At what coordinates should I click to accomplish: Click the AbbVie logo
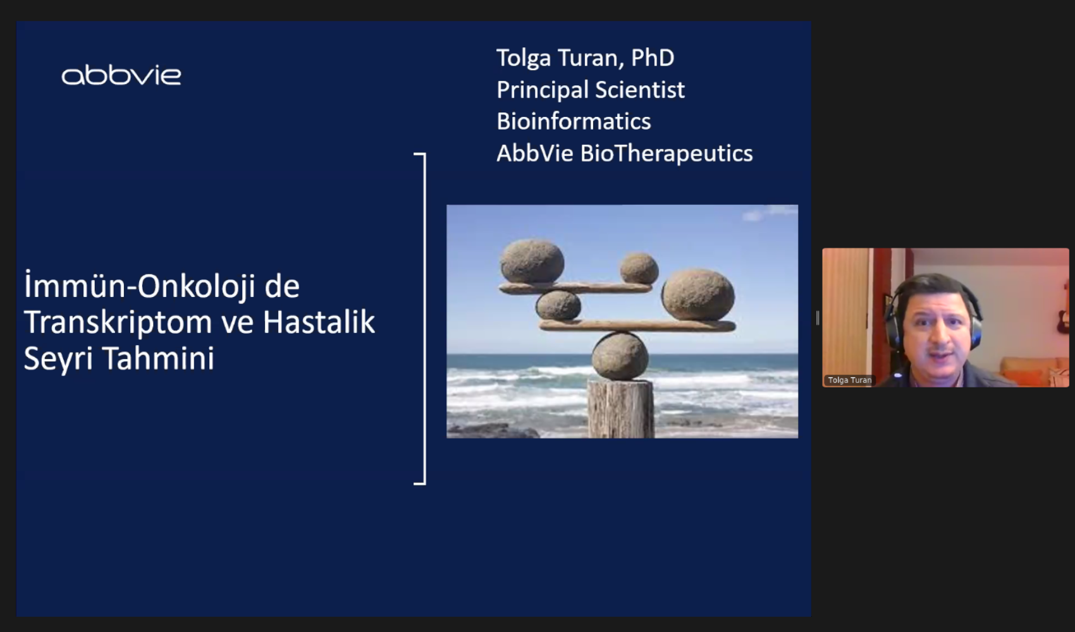tap(121, 76)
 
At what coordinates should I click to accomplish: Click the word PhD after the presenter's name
tap(652, 58)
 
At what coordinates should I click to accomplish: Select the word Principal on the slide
tap(543, 90)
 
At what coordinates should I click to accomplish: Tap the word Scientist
tap(640, 90)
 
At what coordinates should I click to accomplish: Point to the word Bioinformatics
tap(574, 121)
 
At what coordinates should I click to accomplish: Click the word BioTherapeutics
tap(666, 154)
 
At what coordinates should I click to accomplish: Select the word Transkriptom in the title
tap(118, 323)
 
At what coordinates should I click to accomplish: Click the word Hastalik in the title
tap(319, 322)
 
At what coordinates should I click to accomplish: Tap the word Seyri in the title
tap(58, 359)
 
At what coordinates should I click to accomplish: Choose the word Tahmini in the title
tap(158, 358)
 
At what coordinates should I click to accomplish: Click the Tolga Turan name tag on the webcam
tap(849, 380)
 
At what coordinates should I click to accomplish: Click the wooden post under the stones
tap(621, 409)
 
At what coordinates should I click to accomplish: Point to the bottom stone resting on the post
tap(620, 356)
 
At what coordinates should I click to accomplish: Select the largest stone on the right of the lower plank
tap(698, 295)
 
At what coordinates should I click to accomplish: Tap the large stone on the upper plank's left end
tap(532, 262)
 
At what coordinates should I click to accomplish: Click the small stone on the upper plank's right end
tap(639, 269)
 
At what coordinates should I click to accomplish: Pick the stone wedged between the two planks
tap(558, 305)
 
